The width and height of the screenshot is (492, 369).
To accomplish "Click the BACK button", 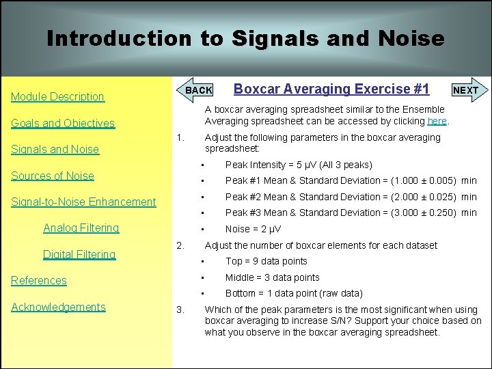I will pyautogui.click(x=199, y=90).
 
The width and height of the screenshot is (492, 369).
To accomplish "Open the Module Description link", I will pyautogui.click(x=57, y=97).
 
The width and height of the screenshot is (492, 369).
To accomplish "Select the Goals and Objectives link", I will pyautogui.click(x=62, y=124).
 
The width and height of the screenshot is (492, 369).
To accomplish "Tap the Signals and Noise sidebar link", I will pyautogui.click(x=55, y=150).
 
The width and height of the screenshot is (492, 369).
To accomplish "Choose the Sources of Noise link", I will pyautogui.click(x=53, y=176).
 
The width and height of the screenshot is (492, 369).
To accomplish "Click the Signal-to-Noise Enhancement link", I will pyautogui.click(x=83, y=202).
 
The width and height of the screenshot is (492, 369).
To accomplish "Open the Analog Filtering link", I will pyautogui.click(x=81, y=228).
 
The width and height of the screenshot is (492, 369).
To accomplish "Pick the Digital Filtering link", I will pyautogui.click(x=79, y=254).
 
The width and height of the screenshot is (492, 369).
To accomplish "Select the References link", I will pyautogui.click(x=39, y=280).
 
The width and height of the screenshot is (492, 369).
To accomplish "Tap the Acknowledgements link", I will pyautogui.click(x=58, y=307).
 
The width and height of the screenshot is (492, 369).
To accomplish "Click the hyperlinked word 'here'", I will pyautogui.click(x=437, y=121).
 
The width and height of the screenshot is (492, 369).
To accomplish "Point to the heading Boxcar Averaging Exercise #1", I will pyautogui.click(x=331, y=89).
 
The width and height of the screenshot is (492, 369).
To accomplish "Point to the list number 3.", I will pyautogui.click(x=180, y=310).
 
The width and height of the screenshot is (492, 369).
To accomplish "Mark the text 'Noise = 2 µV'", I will pyautogui.click(x=253, y=229).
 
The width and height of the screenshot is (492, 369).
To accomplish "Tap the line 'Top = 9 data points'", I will pyautogui.click(x=266, y=261).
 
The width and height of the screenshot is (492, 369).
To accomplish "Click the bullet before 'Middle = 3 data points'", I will pyautogui.click(x=203, y=277).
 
